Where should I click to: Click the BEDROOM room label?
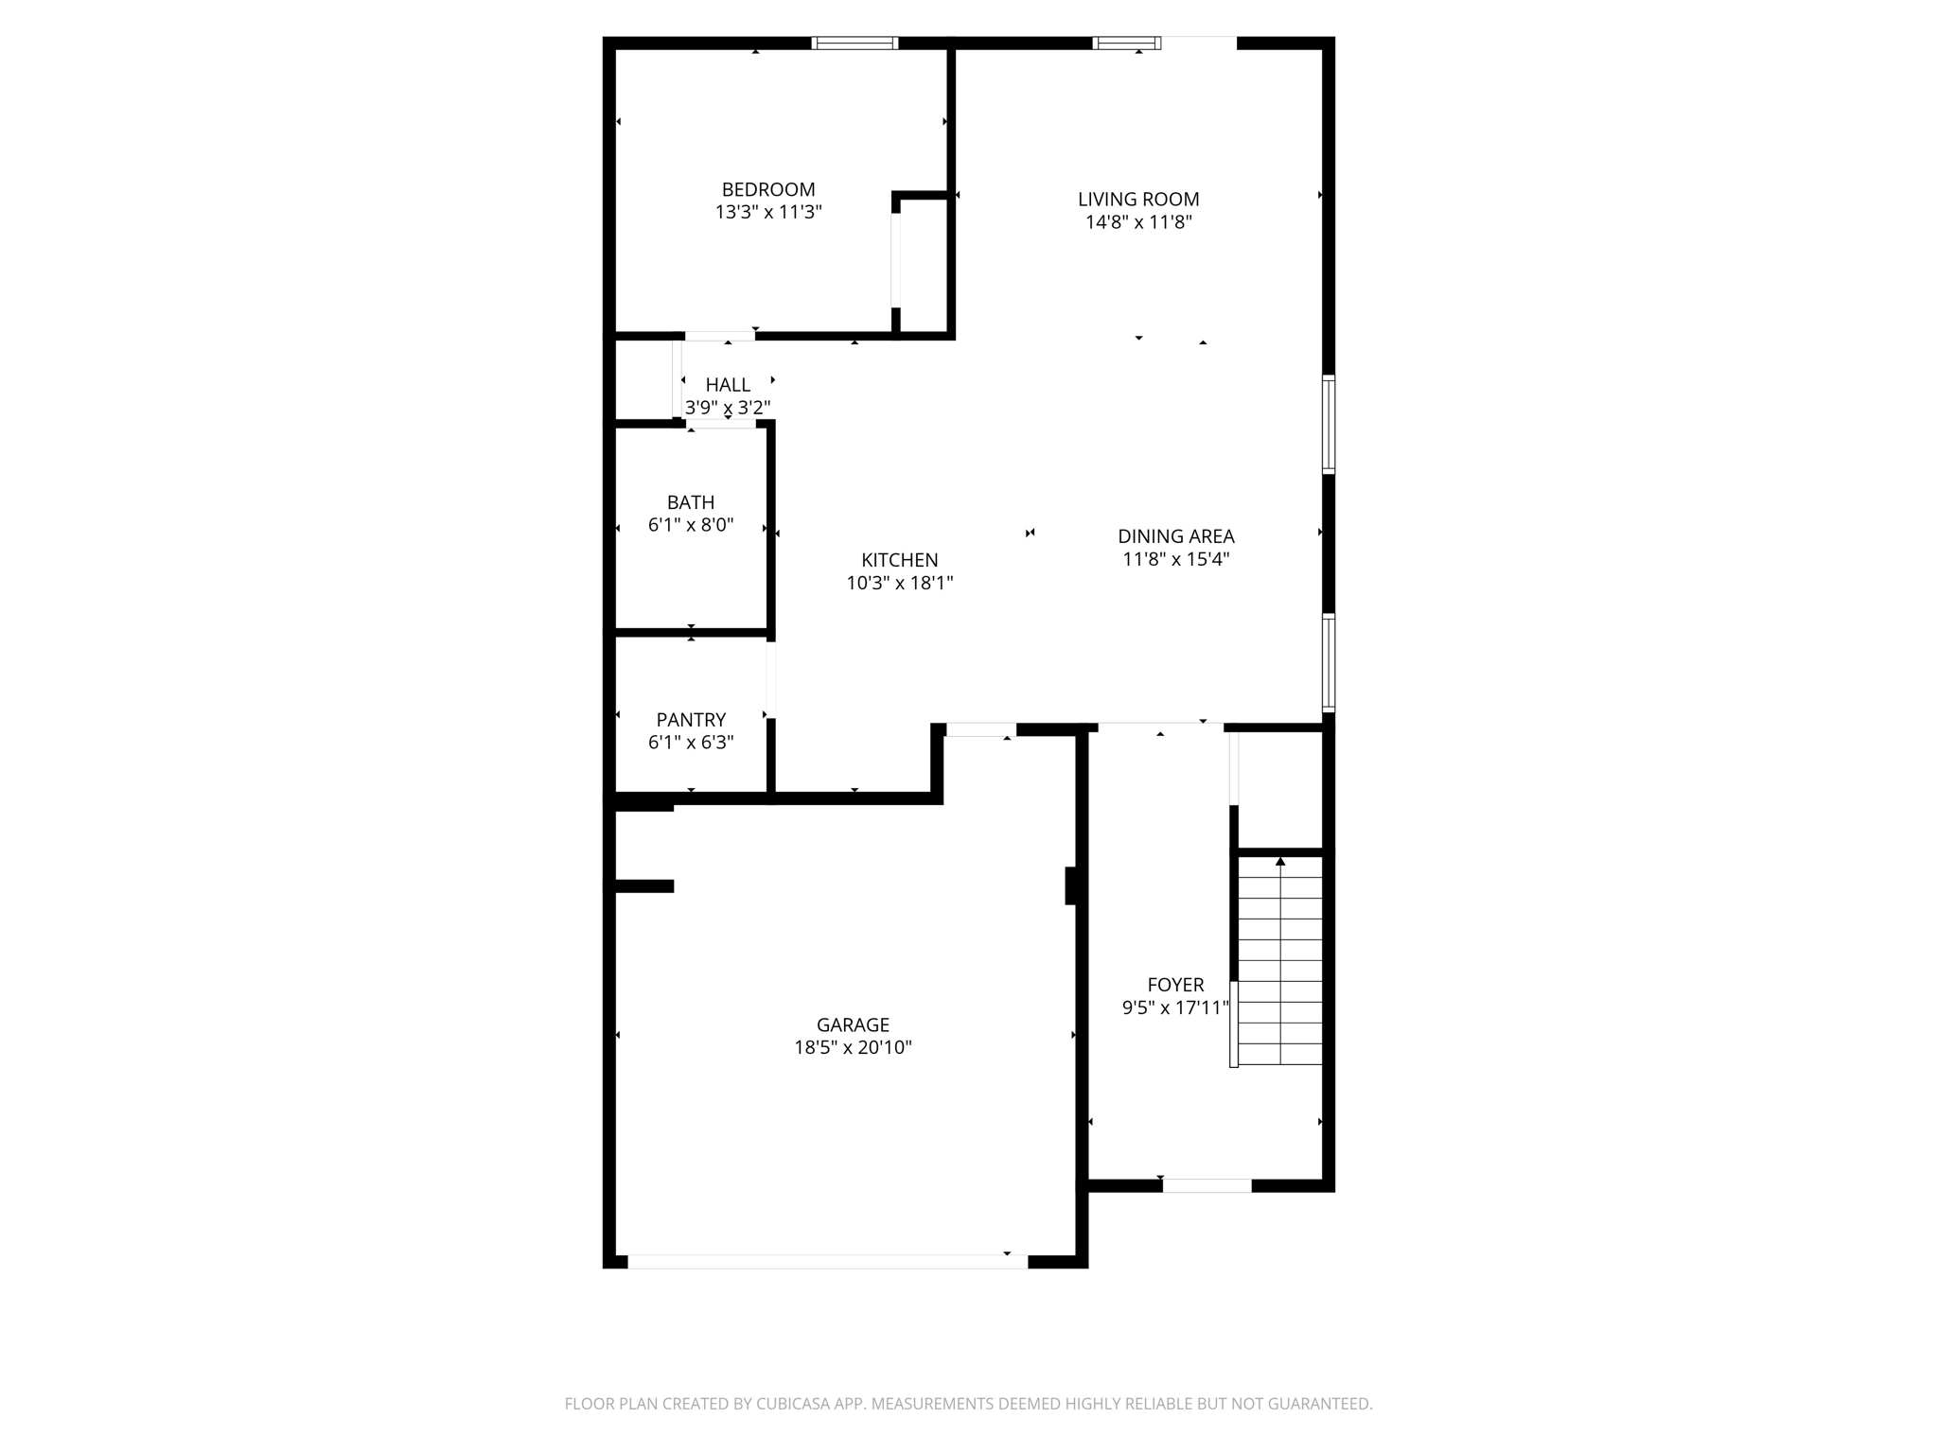click(767, 189)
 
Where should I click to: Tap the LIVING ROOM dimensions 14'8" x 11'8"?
click(1138, 222)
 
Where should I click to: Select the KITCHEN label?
click(899, 560)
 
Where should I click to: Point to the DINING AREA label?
click(1175, 535)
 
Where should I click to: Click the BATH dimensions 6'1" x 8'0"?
click(691, 525)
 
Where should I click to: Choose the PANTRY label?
click(691, 720)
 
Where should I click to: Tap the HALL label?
click(728, 385)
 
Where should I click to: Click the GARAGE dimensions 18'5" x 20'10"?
click(853, 1047)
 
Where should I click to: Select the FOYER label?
click(1175, 985)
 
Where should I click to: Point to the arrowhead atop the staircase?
click(1280, 861)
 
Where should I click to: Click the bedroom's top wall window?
click(854, 43)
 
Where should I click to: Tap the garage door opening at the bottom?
click(827, 1261)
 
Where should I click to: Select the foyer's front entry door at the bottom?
click(1207, 1185)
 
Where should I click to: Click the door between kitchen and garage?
click(980, 729)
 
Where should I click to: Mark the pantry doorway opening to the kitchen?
click(771, 679)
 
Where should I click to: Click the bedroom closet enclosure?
click(923, 265)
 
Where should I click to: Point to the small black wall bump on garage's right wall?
click(1071, 885)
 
